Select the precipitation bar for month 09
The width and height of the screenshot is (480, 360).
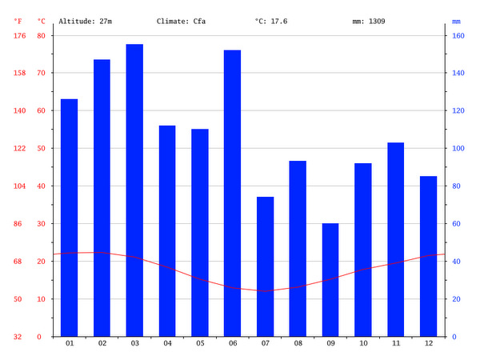[x=330, y=280]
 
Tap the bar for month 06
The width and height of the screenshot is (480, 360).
[x=232, y=193]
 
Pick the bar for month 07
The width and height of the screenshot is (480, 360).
[x=265, y=266]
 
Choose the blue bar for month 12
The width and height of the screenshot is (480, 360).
[x=428, y=256]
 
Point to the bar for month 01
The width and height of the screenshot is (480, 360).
[x=69, y=218]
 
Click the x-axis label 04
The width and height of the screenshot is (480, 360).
[x=167, y=344]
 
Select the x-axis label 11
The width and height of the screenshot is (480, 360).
[x=395, y=344]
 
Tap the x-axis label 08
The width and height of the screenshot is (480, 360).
[x=298, y=344]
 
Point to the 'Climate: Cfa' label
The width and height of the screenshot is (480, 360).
[x=181, y=21]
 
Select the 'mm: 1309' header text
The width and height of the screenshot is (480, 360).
[x=369, y=21]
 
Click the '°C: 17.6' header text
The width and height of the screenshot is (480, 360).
[x=271, y=21]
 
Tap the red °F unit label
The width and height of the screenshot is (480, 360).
[x=18, y=21]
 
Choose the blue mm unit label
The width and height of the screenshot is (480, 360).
[x=456, y=21]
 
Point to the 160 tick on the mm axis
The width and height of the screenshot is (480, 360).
[x=457, y=35]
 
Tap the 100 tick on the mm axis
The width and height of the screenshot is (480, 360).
[x=457, y=148]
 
